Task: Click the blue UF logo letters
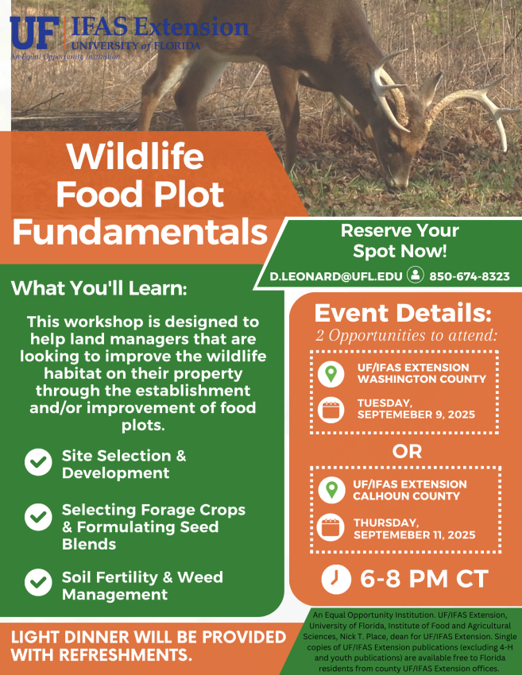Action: (34, 33)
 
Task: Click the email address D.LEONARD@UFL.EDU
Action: (336, 276)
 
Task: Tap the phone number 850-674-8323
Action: (470, 276)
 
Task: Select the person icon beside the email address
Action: (416, 275)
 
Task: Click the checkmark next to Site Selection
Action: (38, 462)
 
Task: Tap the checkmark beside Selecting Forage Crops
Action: (38, 517)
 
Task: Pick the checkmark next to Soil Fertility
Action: (38, 582)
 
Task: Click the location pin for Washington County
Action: (331, 374)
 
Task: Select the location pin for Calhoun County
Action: (331, 490)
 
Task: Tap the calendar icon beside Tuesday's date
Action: (331, 410)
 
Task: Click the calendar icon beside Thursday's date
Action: (331, 528)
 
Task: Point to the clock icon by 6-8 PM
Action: (336, 579)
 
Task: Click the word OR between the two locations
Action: (407, 451)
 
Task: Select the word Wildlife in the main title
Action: (135, 156)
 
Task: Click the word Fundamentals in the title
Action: (140, 232)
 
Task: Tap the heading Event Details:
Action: (403, 313)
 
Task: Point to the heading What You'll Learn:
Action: (99, 288)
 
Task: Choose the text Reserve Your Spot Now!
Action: (400, 241)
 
